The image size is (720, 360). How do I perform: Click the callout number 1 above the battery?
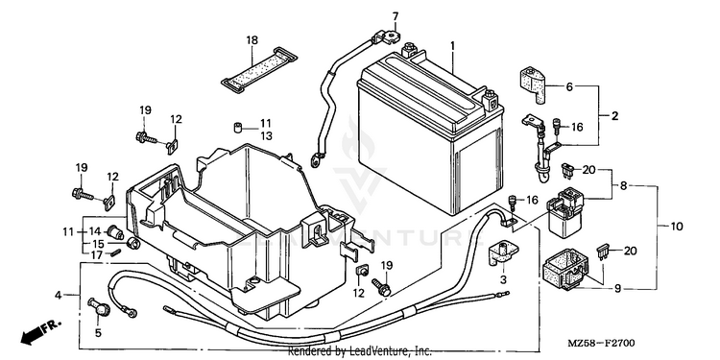452,46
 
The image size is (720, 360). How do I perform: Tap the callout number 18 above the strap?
252,40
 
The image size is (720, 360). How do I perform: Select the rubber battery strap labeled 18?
259,66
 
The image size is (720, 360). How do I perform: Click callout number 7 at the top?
396,16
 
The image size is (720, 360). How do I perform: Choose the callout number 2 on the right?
614,116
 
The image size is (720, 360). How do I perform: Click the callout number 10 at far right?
677,227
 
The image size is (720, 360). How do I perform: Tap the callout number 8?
623,186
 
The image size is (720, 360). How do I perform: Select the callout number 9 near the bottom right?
617,288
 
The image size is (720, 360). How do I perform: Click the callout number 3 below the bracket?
503,279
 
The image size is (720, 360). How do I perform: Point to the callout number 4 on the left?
58,296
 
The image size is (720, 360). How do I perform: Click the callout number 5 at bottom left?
98,333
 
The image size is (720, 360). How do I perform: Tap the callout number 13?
266,136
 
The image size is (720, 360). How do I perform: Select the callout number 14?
95,231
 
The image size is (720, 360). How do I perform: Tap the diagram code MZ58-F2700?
601,343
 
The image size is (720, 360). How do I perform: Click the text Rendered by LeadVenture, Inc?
360,351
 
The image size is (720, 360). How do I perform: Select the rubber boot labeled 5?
99,306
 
